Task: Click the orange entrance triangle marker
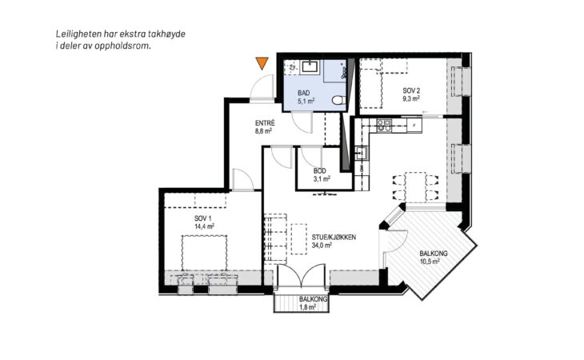[x=262, y=63]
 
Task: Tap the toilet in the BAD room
[x=338, y=100]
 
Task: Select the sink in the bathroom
[x=310, y=67]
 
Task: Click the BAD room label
[x=303, y=93]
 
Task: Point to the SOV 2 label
[x=411, y=90]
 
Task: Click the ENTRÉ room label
[x=265, y=123]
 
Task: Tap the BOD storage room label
[x=319, y=171]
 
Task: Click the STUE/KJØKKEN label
[x=334, y=237]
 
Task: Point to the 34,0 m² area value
[x=322, y=245]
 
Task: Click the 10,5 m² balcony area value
[x=430, y=262]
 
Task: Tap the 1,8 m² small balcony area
[x=308, y=307]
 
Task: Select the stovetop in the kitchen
[x=384, y=126]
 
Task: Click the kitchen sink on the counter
[x=362, y=153]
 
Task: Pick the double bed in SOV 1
[x=204, y=253]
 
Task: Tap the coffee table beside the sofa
[x=298, y=238]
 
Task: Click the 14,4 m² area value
[x=204, y=226]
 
